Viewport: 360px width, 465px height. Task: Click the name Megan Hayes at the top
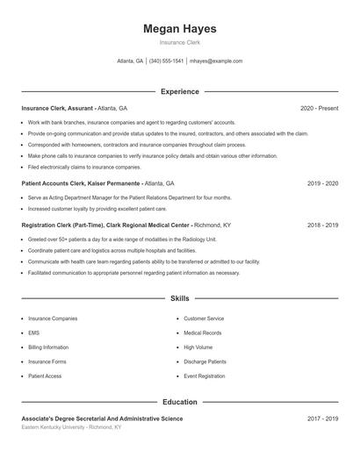pyautogui.click(x=179, y=29)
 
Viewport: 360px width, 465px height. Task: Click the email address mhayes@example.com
pyautogui.click(x=216, y=61)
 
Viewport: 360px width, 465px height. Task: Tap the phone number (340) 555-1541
pyautogui.click(x=166, y=61)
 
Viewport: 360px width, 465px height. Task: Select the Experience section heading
pyautogui.click(x=179, y=91)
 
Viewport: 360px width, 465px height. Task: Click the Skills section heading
pyautogui.click(x=179, y=299)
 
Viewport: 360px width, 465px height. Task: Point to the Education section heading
pyautogui.click(x=179, y=402)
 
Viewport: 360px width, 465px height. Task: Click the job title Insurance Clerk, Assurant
pyautogui.click(x=58, y=108)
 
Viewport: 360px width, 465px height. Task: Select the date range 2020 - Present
pyautogui.click(x=319, y=108)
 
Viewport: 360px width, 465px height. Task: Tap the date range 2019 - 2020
pyautogui.click(x=322, y=184)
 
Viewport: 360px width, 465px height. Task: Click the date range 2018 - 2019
pyautogui.click(x=322, y=225)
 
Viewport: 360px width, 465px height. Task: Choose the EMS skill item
pyautogui.click(x=33, y=333)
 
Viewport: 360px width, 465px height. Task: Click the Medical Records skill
pyautogui.click(x=203, y=333)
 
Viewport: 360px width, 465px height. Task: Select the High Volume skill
pyautogui.click(x=198, y=347)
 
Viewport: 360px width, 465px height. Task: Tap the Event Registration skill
pyautogui.click(x=205, y=376)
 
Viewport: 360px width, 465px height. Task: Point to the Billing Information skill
pyautogui.click(x=48, y=347)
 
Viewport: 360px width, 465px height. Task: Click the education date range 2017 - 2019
pyautogui.click(x=322, y=418)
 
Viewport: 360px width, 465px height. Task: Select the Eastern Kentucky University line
pyautogui.click(x=71, y=427)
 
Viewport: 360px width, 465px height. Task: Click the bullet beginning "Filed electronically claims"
pyautogui.click(x=84, y=167)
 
